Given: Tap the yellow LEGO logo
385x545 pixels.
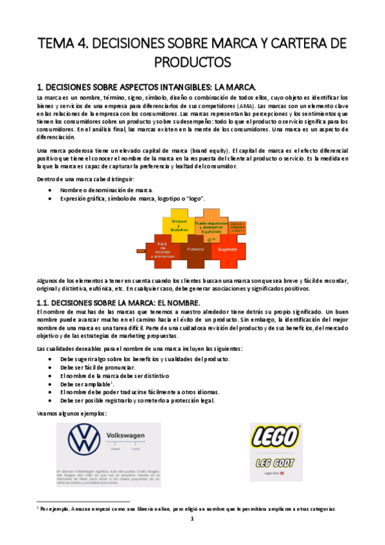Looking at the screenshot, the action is pos(274,437).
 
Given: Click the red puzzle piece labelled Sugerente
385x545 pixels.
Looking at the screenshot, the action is pos(228,248).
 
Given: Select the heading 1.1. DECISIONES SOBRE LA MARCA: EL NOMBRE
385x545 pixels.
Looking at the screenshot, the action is pos(120,302).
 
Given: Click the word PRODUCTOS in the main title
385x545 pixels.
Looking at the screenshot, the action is pos(192,62).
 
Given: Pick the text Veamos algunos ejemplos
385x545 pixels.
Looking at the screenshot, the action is pos(71,413).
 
